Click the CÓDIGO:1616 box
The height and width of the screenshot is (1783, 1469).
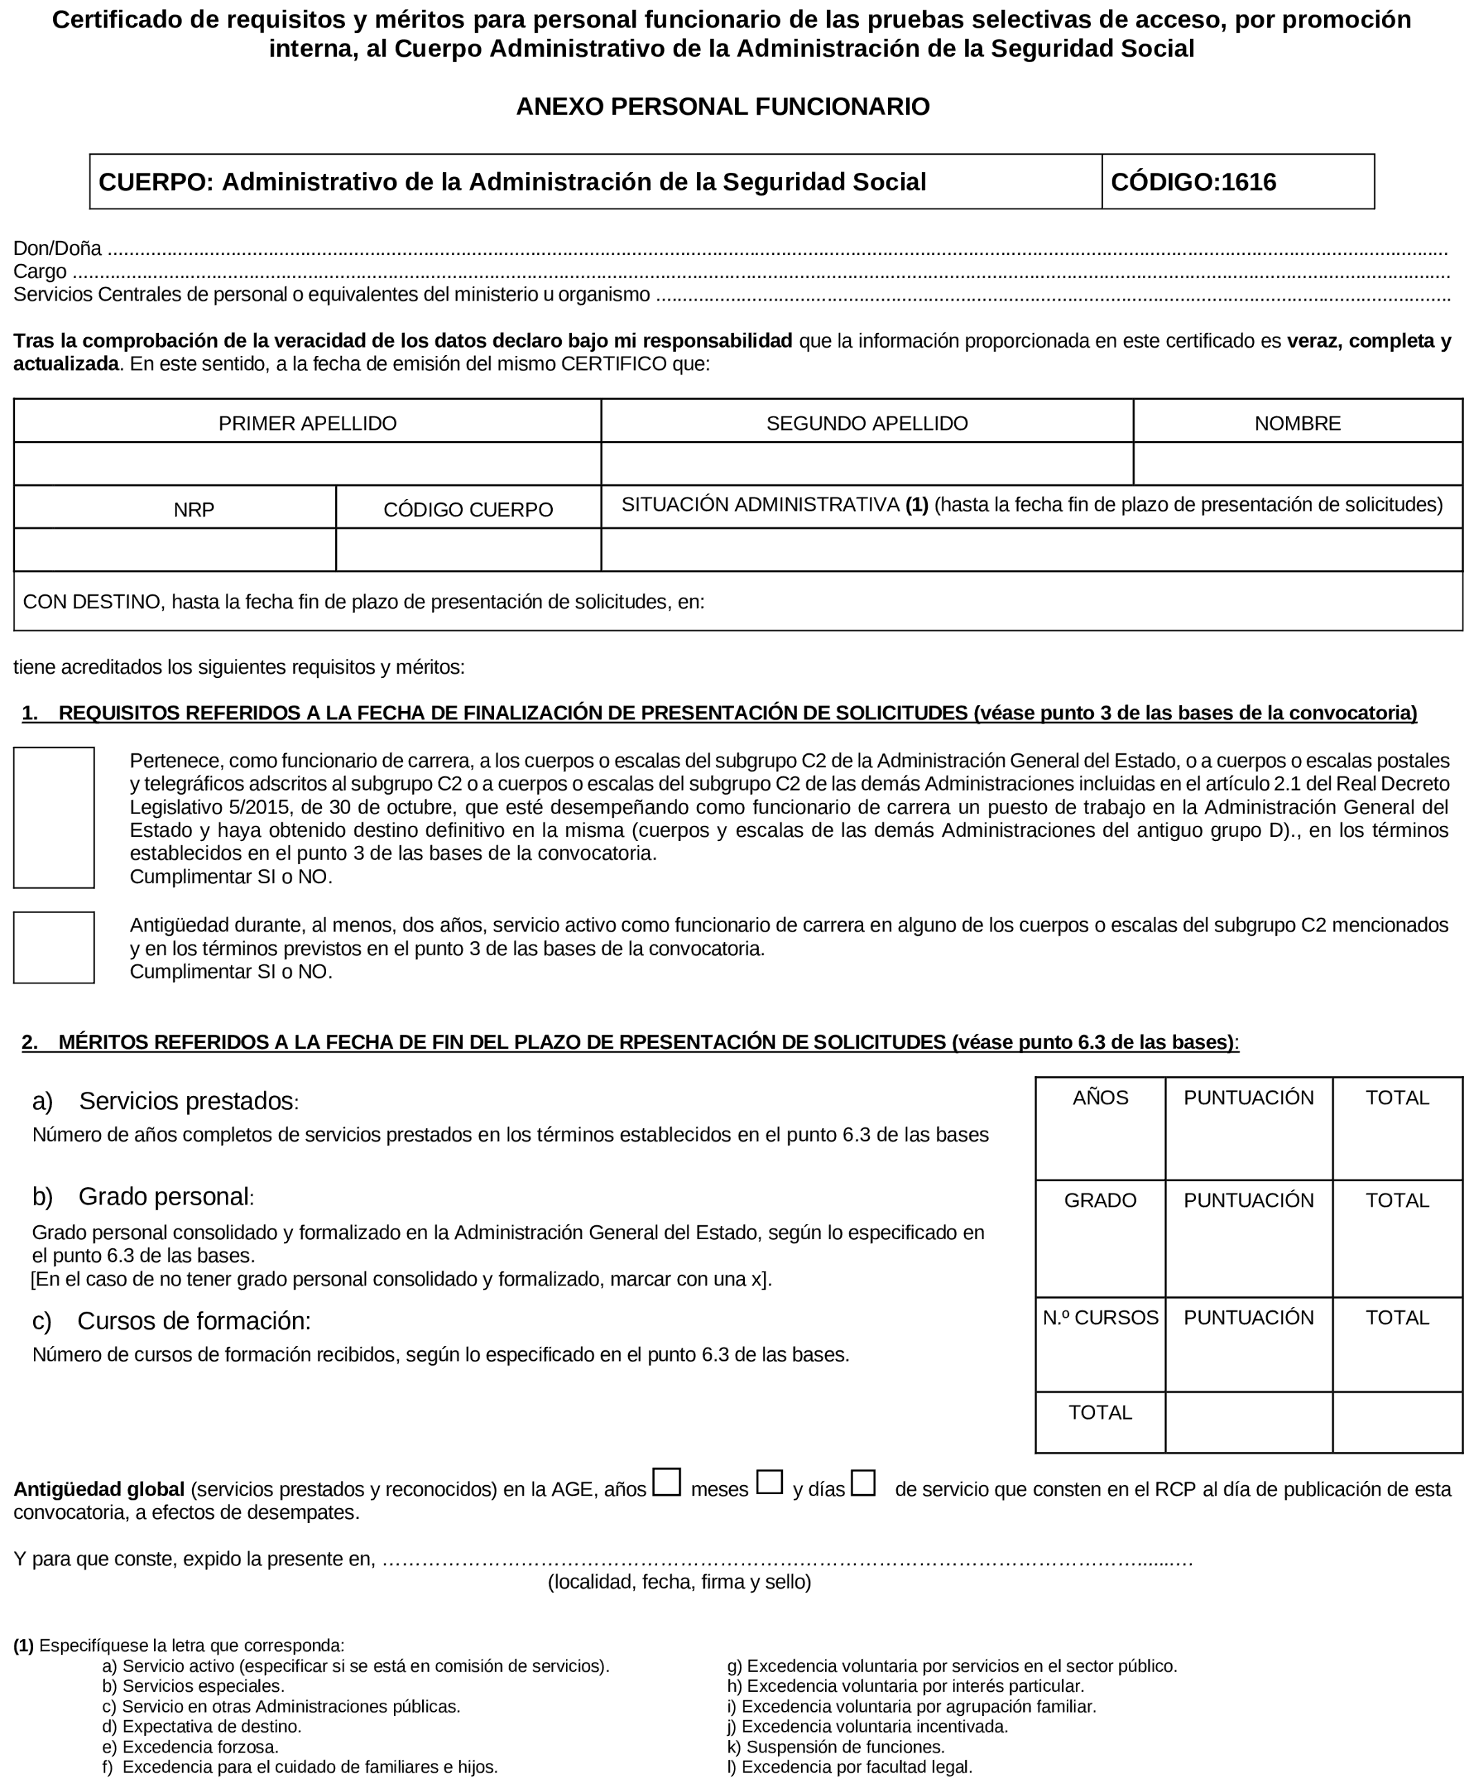click(1237, 182)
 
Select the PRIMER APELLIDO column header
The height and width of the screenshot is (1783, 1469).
click(307, 423)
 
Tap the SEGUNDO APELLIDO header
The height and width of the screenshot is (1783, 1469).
click(866, 423)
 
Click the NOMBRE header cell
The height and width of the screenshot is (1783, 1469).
click(1297, 423)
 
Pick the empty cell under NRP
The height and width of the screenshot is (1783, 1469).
click(176, 550)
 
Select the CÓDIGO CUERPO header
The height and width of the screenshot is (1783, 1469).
click(468, 509)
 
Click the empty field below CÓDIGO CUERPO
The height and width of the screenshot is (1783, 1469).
click(468, 550)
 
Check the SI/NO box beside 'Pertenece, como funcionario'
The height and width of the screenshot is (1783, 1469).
click(54, 818)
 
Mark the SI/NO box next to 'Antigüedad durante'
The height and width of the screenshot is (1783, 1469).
click(54, 947)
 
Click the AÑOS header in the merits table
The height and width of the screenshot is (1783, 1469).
click(1100, 1098)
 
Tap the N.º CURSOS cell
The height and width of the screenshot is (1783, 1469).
click(1100, 1318)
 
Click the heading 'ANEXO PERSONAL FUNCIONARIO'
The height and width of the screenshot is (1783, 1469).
click(723, 106)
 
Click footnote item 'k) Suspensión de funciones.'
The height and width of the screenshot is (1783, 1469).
click(835, 1746)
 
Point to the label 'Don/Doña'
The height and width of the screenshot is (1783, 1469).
click(57, 249)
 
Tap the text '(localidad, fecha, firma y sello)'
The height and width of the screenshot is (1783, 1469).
click(679, 1583)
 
